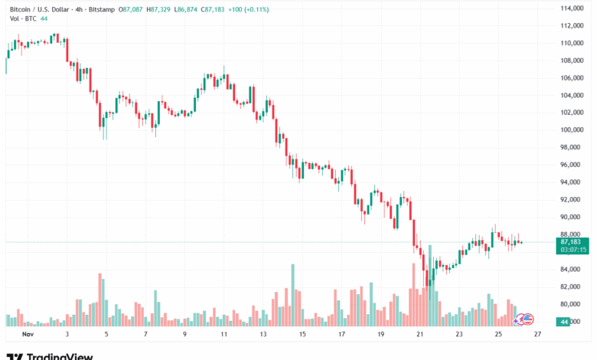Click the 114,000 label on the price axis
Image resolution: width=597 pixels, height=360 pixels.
pyautogui.click(x=573, y=8)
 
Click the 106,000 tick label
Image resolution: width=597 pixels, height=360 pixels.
pyautogui.click(x=573, y=77)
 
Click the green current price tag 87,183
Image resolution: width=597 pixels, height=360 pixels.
pyautogui.click(x=573, y=241)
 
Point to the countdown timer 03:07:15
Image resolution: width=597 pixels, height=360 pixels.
pyautogui.click(x=573, y=250)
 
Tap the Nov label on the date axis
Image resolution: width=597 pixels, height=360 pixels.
pyautogui.click(x=29, y=335)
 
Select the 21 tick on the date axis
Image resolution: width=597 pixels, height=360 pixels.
pyautogui.click(x=420, y=335)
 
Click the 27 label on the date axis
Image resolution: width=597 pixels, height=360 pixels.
pyautogui.click(x=538, y=335)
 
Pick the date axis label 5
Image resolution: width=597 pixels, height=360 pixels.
pyautogui.click(x=107, y=335)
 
